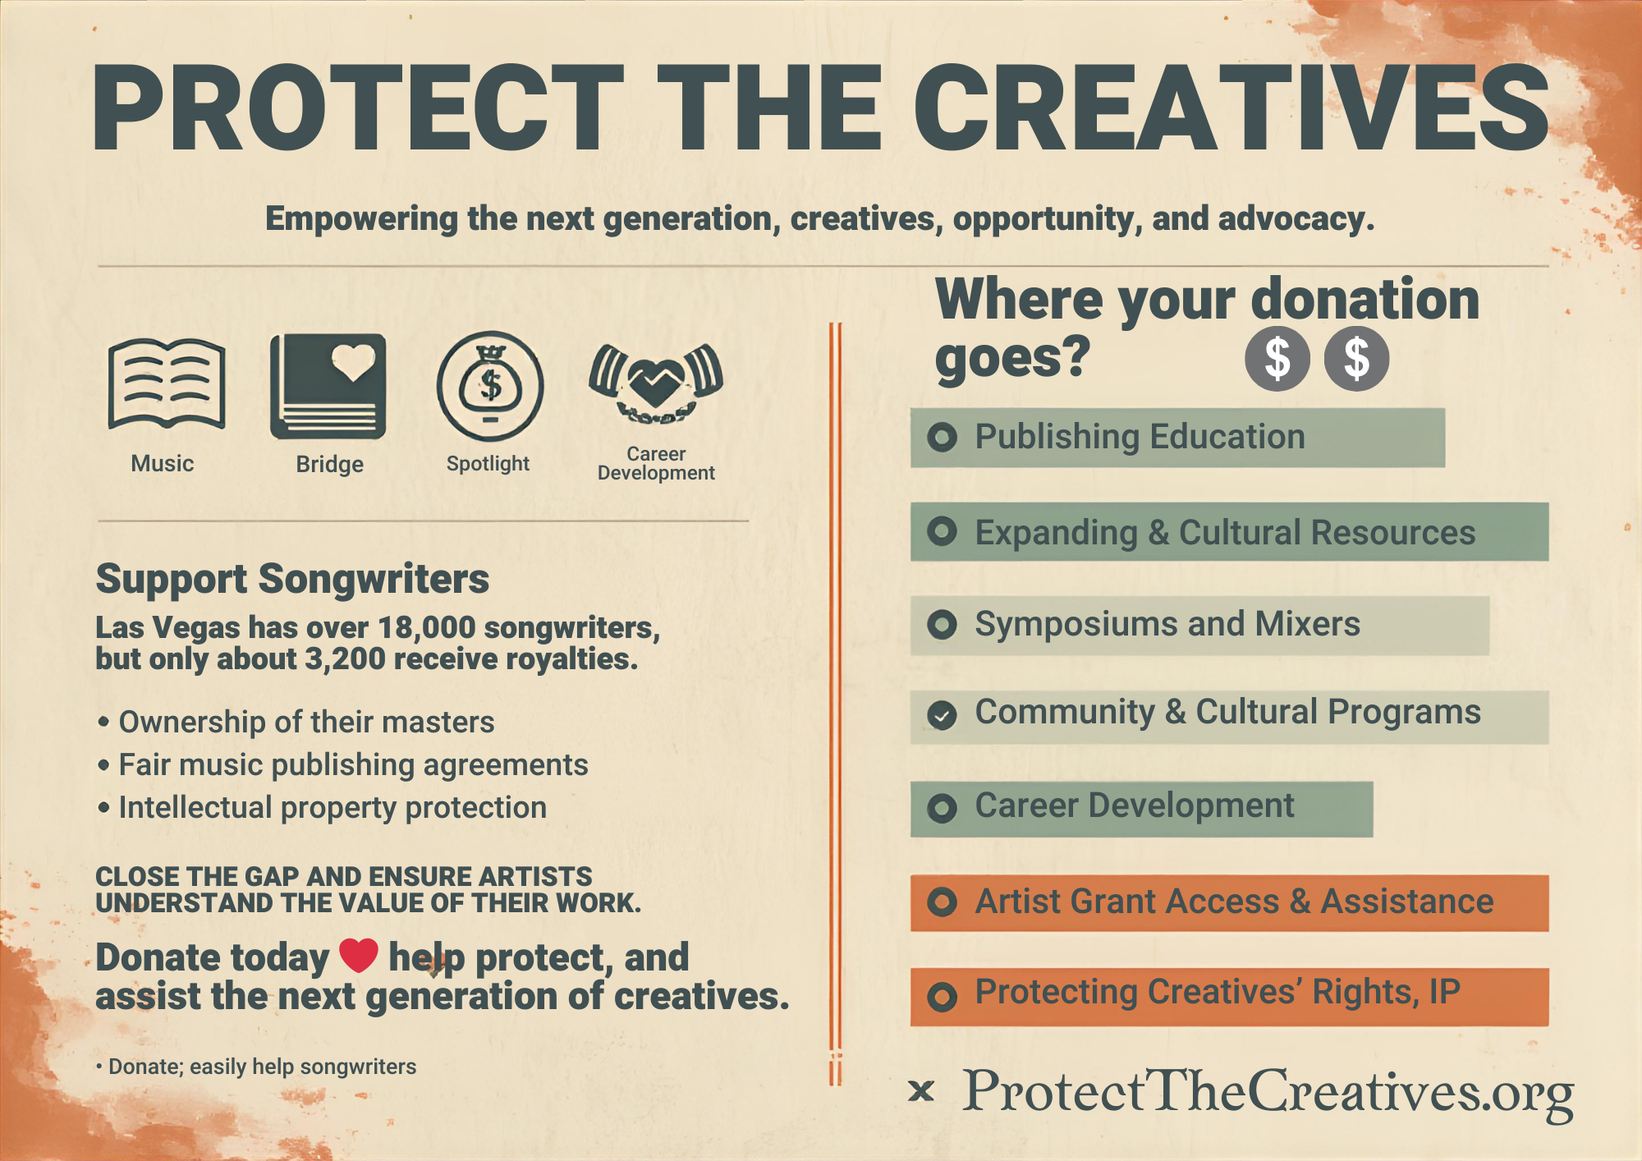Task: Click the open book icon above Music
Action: tap(167, 383)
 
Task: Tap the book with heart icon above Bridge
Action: tap(328, 385)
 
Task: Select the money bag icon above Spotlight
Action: tap(489, 385)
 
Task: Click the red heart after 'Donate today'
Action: tap(359, 955)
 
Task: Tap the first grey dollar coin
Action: tap(1277, 359)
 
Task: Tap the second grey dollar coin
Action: tap(1356, 359)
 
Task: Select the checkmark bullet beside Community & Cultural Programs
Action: tap(942, 715)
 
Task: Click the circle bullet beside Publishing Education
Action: tap(942, 437)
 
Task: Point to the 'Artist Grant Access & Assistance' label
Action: tap(1234, 902)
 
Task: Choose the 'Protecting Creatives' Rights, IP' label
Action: tap(1218, 992)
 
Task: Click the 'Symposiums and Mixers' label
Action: tap(1167, 624)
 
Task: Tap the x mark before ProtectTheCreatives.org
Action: tap(921, 1091)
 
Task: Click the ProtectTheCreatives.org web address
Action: tap(1268, 1093)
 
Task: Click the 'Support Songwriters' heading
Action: tap(292, 579)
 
